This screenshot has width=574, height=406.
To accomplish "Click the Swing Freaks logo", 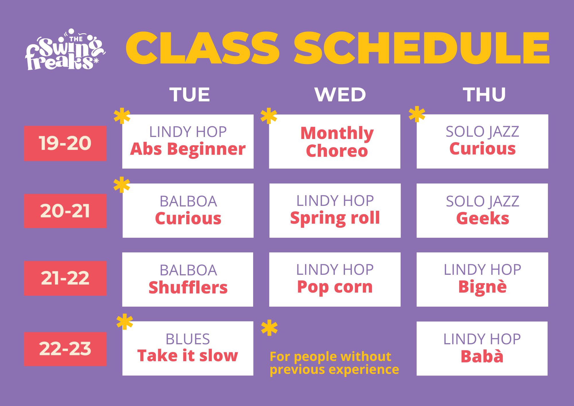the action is [x=65, y=49].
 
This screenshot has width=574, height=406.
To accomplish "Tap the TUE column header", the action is [x=190, y=94].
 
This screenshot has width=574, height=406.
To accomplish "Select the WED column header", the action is [x=340, y=94].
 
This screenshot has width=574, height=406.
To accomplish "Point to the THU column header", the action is [x=484, y=94].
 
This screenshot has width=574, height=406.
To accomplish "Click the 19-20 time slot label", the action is [x=65, y=143].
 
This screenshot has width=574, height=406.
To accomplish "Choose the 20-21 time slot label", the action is [x=65, y=211].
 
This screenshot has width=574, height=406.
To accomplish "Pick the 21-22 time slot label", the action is [x=65, y=278].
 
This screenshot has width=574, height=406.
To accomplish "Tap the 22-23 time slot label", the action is [x=65, y=349].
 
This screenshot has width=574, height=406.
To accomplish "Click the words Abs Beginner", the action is [x=188, y=150].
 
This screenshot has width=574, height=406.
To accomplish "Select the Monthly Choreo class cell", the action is [x=335, y=142].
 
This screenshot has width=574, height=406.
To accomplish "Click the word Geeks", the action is [x=483, y=218].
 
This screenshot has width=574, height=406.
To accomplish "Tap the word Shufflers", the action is [x=188, y=287].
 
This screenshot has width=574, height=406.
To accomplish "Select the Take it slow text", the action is [x=188, y=356].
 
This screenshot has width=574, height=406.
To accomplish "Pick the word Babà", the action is [x=482, y=356].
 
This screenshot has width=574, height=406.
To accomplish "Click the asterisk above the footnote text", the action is [x=269, y=328].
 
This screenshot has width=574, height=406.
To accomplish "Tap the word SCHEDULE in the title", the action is [x=421, y=48].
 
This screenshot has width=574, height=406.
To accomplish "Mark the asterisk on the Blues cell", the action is [x=125, y=322].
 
